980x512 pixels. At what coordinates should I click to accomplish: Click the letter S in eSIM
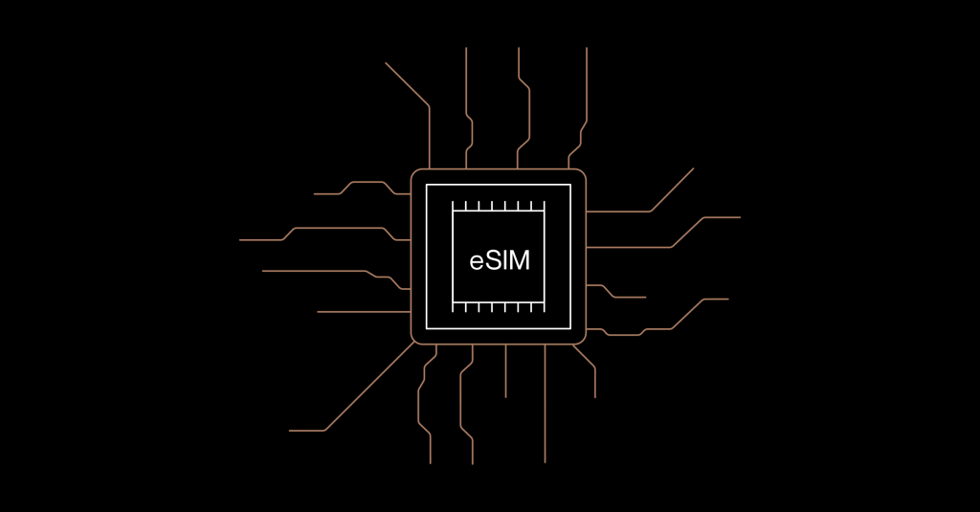[492, 260]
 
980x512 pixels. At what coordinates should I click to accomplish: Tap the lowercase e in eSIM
[477, 262]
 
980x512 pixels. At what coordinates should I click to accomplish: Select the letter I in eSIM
[503, 260]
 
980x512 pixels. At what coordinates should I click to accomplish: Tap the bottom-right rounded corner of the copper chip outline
[582, 340]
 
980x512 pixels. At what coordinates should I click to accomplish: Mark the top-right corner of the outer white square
[570, 185]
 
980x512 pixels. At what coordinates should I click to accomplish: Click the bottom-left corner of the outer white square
[426, 328]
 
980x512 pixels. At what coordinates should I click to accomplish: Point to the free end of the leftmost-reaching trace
[240, 240]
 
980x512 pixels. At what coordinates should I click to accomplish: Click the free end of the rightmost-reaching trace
[740, 217]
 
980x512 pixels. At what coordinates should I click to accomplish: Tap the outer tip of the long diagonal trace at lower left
[289, 431]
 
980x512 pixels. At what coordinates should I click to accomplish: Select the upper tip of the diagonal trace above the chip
[386, 62]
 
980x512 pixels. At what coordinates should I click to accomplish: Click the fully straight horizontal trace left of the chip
[364, 311]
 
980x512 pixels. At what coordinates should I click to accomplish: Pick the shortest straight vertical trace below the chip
[505, 370]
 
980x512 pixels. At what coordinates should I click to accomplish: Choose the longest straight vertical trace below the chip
[545, 404]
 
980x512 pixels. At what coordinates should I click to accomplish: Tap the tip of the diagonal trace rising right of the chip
[693, 168]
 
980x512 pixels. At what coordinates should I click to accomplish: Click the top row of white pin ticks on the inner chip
[499, 207]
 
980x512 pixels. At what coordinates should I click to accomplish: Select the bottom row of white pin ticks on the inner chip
[499, 306]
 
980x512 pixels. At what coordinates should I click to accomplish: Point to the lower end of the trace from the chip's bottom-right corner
[595, 397]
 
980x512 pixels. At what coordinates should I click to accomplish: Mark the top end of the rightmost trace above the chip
[587, 48]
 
